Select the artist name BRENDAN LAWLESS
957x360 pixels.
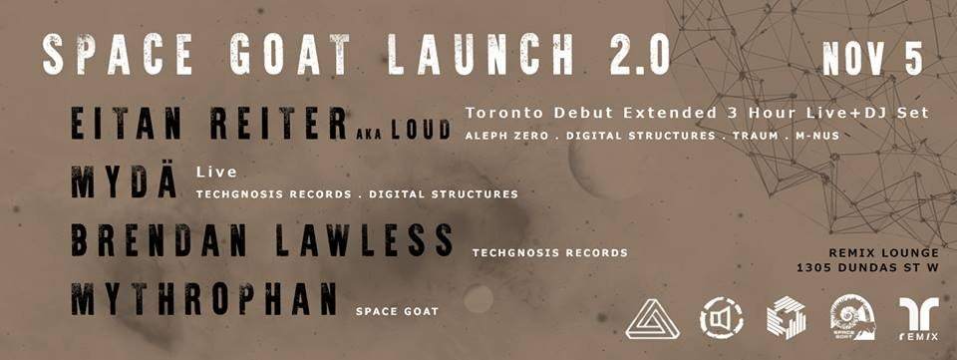pyautogui.click(x=262, y=241)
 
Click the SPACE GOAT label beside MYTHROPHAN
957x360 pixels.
pyautogui.click(x=397, y=311)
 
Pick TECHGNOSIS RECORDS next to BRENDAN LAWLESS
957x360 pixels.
pyautogui.click(x=550, y=253)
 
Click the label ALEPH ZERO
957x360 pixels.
pyautogui.click(x=504, y=135)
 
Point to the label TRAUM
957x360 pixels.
pyautogui.click(x=744, y=135)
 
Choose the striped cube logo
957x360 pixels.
pyautogui.click(x=787, y=318)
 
